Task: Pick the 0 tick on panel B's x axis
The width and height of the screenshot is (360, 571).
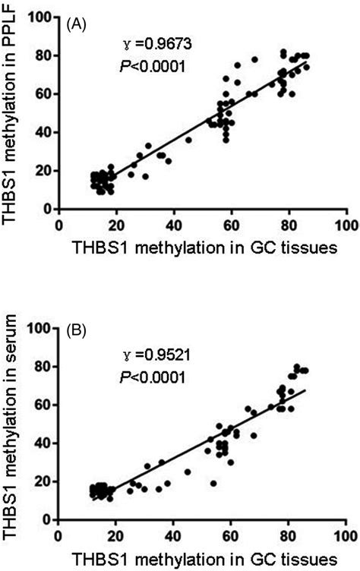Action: (59, 534)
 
